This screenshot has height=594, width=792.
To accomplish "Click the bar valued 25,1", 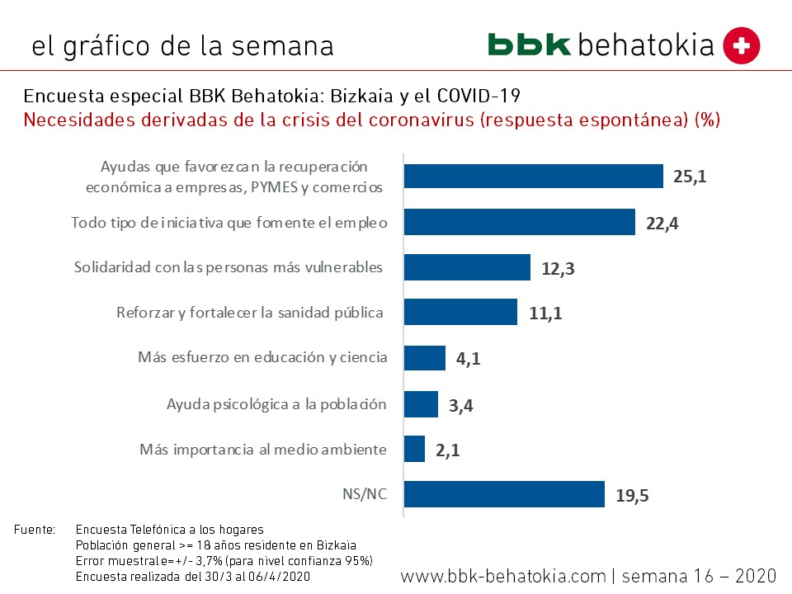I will click(533, 177).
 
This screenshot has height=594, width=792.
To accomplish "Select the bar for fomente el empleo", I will click(519, 222).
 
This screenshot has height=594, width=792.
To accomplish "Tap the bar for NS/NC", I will click(504, 495).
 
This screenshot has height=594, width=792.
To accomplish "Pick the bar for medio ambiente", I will click(414, 449).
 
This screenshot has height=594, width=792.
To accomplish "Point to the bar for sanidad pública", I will click(460, 313).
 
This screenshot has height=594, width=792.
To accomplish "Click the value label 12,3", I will click(559, 269).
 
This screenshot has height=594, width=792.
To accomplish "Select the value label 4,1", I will click(468, 360).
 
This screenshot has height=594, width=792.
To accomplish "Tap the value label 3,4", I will click(461, 405).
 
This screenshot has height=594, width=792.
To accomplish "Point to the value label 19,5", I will click(633, 496).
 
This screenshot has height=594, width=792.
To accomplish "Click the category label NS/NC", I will click(364, 495).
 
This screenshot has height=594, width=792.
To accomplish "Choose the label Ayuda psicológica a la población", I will click(276, 404).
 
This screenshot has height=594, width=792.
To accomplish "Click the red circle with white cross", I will click(742, 45).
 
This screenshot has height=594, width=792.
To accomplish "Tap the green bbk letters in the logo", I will click(529, 45).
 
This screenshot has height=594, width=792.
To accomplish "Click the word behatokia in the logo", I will click(646, 45).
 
